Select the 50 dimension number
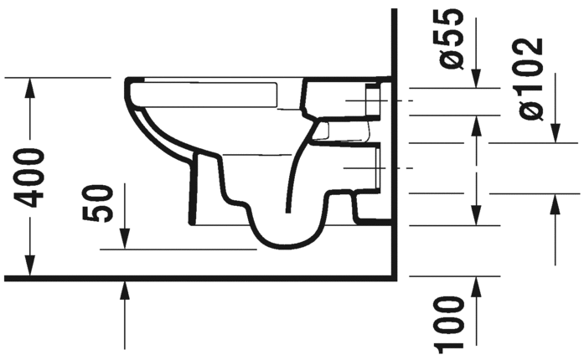pos(100,203)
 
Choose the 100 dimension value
pos(452,324)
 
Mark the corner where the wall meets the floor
pos(394,277)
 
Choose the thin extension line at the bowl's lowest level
pos(176,249)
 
